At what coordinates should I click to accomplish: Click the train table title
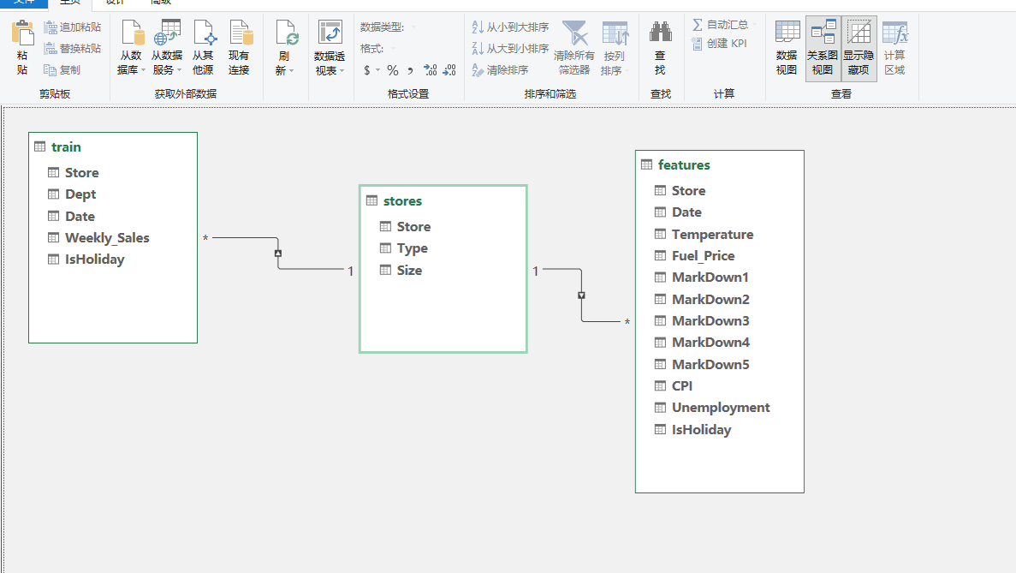(x=66, y=147)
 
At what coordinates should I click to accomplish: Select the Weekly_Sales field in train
(x=107, y=238)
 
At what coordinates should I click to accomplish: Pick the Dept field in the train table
(x=80, y=194)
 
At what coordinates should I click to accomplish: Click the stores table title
(x=402, y=201)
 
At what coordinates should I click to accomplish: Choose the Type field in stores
(x=412, y=248)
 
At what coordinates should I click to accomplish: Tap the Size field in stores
(x=409, y=271)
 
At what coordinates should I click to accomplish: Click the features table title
(x=684, y=165)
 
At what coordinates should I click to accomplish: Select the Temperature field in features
(x=712, y=235)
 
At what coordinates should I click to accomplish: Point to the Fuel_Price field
(x=703, y=256)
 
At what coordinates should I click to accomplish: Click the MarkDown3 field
(x=710, y=321)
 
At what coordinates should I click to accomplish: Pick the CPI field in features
(x=681, y=385)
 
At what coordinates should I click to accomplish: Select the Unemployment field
(x=721, y=408)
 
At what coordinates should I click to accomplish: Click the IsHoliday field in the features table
(x=701, y=430)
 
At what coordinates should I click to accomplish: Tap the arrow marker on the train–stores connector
(x=278, y=254)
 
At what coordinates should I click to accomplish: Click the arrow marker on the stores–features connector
(x=581, y=295)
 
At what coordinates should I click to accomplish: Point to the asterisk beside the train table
(x=205, y=238)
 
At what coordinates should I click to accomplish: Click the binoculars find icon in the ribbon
(x=660, y=31)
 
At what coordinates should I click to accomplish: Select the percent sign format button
(x=393, y=70)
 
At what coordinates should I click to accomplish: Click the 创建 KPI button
(x=719, y=44)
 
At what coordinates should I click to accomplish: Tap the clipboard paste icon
(x=22, y=33)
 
